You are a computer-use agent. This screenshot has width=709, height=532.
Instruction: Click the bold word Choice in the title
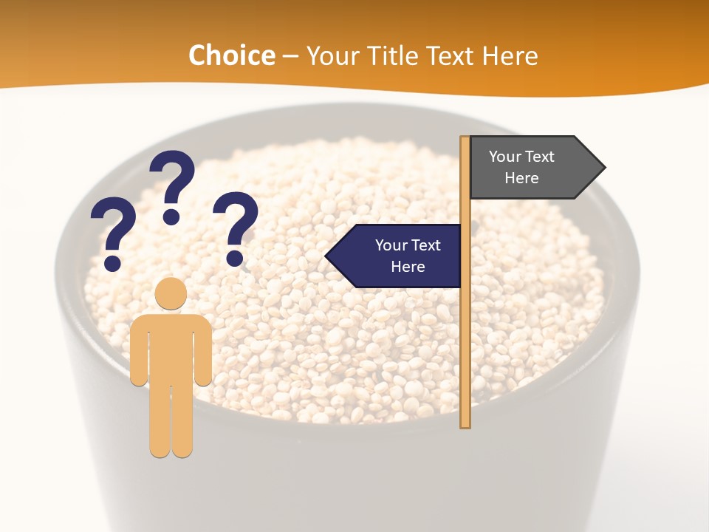tap(231, 55)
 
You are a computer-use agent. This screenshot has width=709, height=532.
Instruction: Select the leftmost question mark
tap(113, 229)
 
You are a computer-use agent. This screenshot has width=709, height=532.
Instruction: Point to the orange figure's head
tap(171, 293)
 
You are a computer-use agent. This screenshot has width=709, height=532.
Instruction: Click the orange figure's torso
tap(171, 347)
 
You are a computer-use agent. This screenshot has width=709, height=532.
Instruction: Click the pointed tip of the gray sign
tap(603, 167)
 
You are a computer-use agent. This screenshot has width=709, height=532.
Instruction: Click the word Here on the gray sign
tap(521, 178)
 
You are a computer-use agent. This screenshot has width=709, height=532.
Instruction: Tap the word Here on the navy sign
tap(408, 267)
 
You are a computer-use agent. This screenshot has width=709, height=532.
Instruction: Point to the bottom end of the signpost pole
tap(465, 425)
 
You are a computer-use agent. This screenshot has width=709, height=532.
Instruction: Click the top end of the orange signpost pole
tap(465, 139)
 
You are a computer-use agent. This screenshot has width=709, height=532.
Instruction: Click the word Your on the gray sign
tap(505, 157)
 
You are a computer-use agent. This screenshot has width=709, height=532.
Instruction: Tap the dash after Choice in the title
tap(290, 56)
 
